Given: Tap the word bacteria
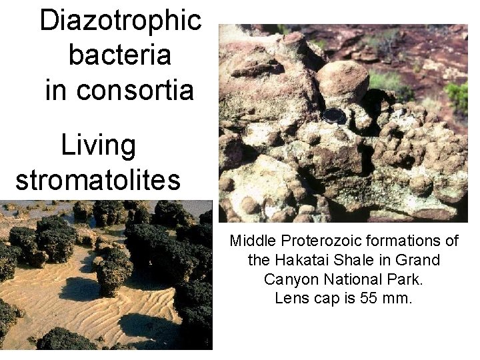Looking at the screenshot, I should pos(120,55).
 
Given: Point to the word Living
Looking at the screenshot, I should pos(98,145).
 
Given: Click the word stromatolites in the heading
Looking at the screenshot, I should pos(98,180).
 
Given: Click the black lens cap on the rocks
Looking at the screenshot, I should pos(334,115).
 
